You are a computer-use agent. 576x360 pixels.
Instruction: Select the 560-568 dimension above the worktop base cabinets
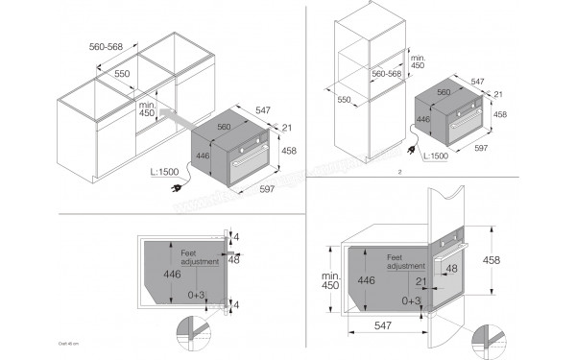point(125,44)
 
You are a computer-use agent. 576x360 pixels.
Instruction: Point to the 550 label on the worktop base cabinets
point(123,73)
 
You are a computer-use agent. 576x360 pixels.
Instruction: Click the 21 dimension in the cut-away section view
point(419,281)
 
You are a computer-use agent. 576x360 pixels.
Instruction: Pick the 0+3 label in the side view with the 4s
point(199,296)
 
